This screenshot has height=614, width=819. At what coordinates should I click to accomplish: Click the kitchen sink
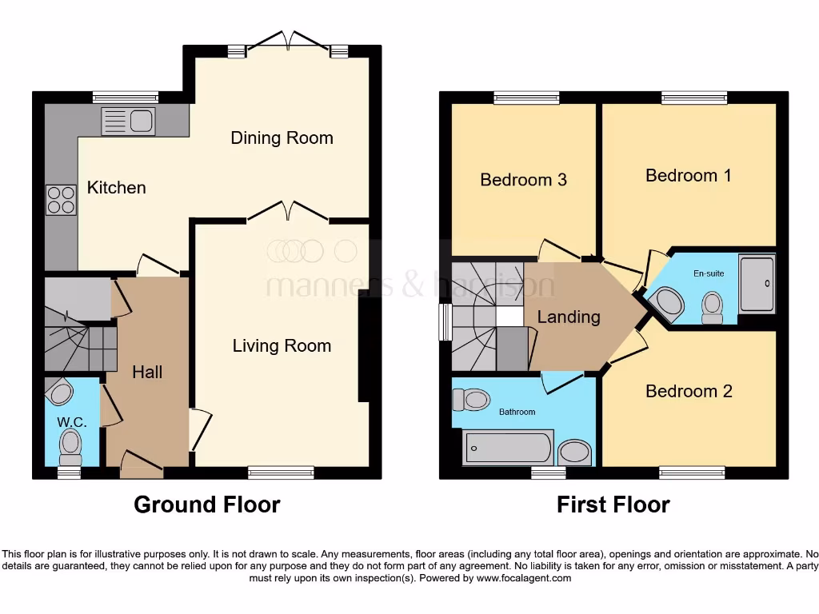[x=128, y=122]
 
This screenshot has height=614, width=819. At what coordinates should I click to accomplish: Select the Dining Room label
[x=282, y=138]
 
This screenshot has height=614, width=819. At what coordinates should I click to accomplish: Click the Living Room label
[x=282, y=345]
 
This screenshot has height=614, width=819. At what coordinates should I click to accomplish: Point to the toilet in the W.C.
[x=71, y=445]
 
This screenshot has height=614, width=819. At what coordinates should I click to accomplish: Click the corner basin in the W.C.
[x=60, y=393]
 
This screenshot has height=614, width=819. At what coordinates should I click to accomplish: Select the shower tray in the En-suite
[x=757, y=283]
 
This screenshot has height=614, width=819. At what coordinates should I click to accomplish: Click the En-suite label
[x=709, y=273]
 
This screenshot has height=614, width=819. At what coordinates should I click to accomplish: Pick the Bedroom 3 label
[x=523, y=179]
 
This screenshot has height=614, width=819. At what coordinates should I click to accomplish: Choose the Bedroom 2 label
[x=689, y=391]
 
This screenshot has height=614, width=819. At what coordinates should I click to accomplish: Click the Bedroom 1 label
[x=689, y=175]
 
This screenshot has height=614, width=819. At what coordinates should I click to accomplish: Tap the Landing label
[x=569, y=317]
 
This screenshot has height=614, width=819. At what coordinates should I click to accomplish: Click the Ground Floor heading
[x=206, y=504]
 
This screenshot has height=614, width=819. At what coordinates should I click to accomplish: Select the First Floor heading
[x=613, y=504]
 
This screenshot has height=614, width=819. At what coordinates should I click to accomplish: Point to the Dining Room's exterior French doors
[x=286, y=42]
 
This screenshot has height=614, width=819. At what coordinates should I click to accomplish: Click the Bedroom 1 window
[x=688, y=98]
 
